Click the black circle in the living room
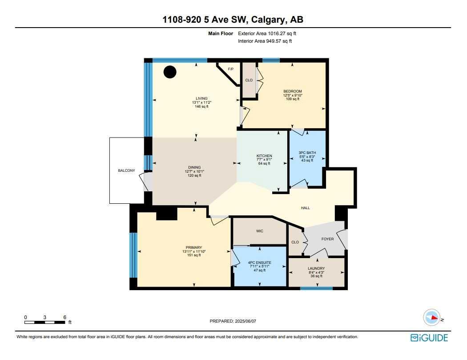pos(169,72)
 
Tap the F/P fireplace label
pos(230,69)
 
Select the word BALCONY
pos(126,170)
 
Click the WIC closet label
pos(260,231)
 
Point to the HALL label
pos(305,208)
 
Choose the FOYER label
pos(327,239)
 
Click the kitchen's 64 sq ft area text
pos(264,164)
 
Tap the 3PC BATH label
pos(307,153)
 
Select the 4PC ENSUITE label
pos(260,263)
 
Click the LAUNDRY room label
pos(316,268)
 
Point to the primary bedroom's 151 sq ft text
pos(194,255)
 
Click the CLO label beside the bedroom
pos(249,80)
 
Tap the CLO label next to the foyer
pos(295,242)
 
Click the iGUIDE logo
pos(429,338)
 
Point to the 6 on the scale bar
pos(65,317)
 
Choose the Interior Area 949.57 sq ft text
pos(265,41)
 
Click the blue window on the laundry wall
pos(316,288)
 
